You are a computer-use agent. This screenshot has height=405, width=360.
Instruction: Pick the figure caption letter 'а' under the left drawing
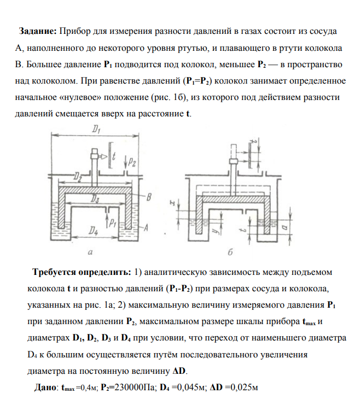[89, 253]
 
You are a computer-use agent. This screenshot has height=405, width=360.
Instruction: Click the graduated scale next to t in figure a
[111, 156]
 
